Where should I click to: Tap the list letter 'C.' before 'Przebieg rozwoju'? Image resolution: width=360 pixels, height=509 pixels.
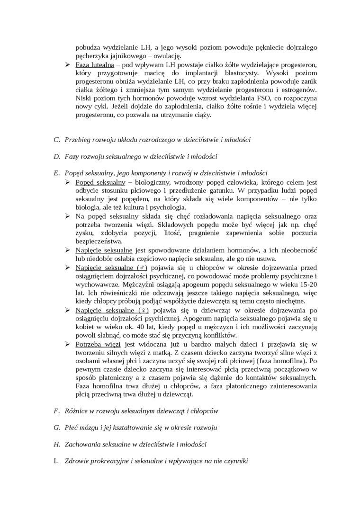coord(57,140)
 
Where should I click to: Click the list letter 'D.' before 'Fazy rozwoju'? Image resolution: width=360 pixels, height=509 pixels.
coord(57,156)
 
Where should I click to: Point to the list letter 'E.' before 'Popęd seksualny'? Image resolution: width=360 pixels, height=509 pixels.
coord(57,173)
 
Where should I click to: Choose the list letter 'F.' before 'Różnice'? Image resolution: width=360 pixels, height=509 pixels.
coord(56,411)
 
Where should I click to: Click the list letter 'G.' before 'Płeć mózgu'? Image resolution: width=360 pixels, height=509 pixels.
coord(57,428)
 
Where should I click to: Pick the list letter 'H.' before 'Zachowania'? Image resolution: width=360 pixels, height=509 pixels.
coord(57,444)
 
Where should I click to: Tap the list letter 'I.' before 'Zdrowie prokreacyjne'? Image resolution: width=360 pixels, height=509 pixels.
coord(56,461)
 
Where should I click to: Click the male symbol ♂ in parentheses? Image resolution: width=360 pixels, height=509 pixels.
coord(143,268)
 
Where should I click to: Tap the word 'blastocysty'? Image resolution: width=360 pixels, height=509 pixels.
coord(241,73)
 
